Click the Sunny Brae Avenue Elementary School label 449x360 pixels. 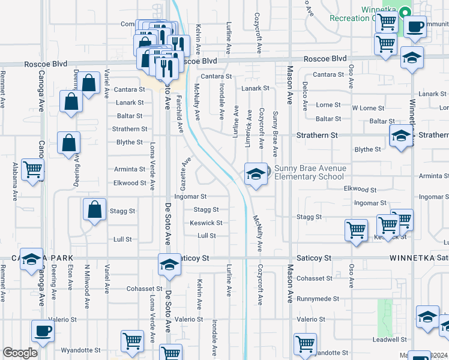pos(309,173)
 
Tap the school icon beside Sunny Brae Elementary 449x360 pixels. pos(256,175)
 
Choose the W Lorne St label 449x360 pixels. pos(367,108)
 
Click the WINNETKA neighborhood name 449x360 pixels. pos(409,258)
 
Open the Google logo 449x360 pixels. pos(20,353)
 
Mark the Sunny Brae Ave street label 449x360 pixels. pos(275,130)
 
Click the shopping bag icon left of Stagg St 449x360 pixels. pos(95,210)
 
